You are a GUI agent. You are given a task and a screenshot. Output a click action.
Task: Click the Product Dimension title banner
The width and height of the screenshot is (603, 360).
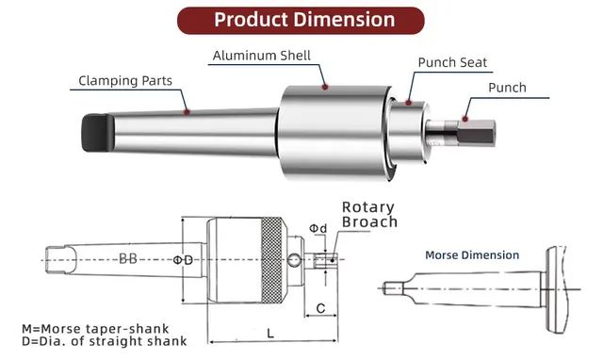click(x=301, y=20)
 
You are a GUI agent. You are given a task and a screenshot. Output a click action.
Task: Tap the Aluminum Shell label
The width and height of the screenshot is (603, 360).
click(x=262, y=56)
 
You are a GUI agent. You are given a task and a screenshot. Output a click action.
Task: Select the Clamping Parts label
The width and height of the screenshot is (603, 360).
click(x=125, y=81)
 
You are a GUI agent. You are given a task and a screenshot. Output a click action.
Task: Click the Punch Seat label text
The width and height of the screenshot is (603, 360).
click(x=452, y=62)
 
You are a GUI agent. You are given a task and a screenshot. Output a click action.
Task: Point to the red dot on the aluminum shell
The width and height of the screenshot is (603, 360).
click(x=325, y=87)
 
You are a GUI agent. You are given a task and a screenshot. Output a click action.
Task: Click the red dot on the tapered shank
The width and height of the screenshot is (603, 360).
click(x=187, y=112)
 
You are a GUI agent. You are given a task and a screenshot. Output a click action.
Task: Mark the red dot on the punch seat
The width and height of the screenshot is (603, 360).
click(x=408, y=103)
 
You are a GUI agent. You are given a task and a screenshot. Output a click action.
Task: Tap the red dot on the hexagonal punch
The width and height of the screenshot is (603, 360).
click(x=465, y=119)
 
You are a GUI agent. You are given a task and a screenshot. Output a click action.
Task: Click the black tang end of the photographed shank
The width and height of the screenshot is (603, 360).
click(x=98, y=132)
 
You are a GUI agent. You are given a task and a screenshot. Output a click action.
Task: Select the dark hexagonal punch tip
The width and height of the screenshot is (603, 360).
click(x=476, y=133)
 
